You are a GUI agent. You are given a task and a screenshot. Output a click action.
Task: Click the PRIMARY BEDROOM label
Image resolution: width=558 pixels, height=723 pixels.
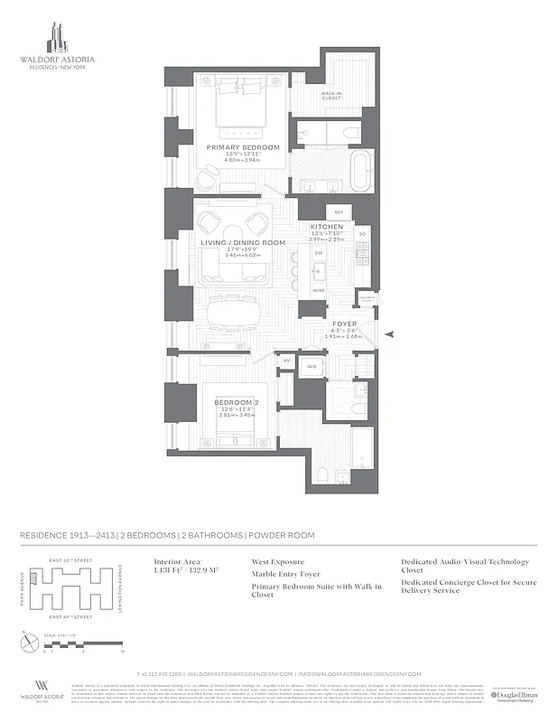click(x=243, y=147)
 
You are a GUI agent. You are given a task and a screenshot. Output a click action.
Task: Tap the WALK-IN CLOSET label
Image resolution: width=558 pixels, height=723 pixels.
click(x=335, y=97)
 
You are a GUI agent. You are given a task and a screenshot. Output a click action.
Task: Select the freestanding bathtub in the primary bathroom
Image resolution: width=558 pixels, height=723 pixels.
click(x=359, y=172)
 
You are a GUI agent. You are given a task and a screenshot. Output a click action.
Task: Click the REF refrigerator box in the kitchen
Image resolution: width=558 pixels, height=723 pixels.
click(x=339, y=211)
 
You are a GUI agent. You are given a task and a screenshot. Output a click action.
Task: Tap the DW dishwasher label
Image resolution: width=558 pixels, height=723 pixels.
click(x=319, y=253)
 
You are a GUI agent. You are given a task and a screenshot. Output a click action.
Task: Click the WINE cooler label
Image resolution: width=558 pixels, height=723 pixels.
click(x=318, y=291)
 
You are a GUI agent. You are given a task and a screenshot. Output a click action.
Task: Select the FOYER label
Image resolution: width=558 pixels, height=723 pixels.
click(x=345, y=323)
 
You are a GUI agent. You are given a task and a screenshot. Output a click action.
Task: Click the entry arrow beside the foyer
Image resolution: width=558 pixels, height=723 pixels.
click(x=390, y=334)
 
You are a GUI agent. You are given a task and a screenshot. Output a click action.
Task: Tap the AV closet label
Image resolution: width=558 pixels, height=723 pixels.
click(x=287, y=360)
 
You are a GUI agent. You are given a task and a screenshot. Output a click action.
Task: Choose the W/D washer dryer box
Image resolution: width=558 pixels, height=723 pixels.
click(x=311, y=367)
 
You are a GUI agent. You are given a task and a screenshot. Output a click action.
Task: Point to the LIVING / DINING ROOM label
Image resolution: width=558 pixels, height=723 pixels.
click(x=243, y=243)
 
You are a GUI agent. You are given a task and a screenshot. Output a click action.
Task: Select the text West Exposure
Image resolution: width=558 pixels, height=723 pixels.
click(x=277, y=561)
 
